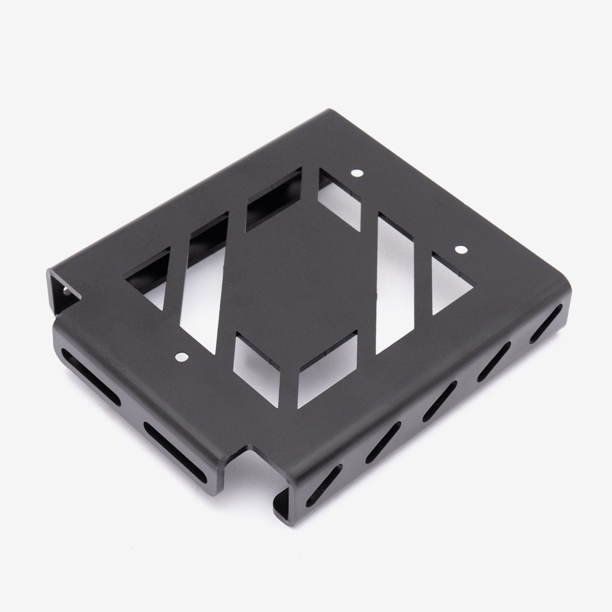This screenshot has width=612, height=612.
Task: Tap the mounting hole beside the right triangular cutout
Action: click(460, 249)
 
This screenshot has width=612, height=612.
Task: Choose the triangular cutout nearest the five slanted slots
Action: click(452, 283)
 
